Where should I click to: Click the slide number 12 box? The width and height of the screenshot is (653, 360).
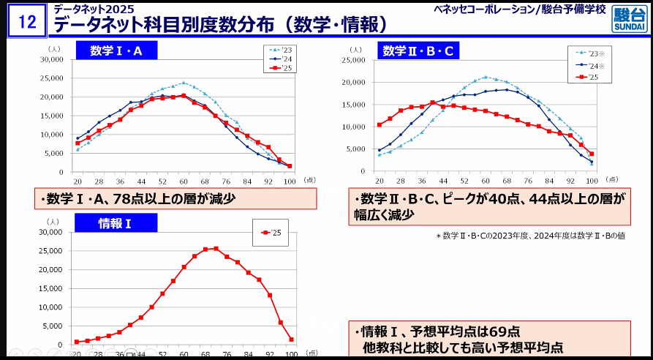pos(27,21)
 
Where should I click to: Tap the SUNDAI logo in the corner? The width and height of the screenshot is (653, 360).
pos(628,20)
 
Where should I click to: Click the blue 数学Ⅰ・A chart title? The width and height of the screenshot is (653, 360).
pos(116,50)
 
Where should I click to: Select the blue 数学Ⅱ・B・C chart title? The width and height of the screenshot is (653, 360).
pos(418,50)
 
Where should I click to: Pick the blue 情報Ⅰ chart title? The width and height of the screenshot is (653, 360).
pos(116,223)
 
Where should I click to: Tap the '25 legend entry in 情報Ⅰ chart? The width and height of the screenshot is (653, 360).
pos(270,233)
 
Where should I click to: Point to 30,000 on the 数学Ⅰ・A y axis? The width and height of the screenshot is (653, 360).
pos(53,59)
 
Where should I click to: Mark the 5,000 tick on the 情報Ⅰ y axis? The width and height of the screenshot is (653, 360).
pos(55,325)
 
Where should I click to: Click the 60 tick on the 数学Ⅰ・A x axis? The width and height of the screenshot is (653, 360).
pos(184,181)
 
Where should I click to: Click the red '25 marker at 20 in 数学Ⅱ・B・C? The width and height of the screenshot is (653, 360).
pos(379,124)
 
